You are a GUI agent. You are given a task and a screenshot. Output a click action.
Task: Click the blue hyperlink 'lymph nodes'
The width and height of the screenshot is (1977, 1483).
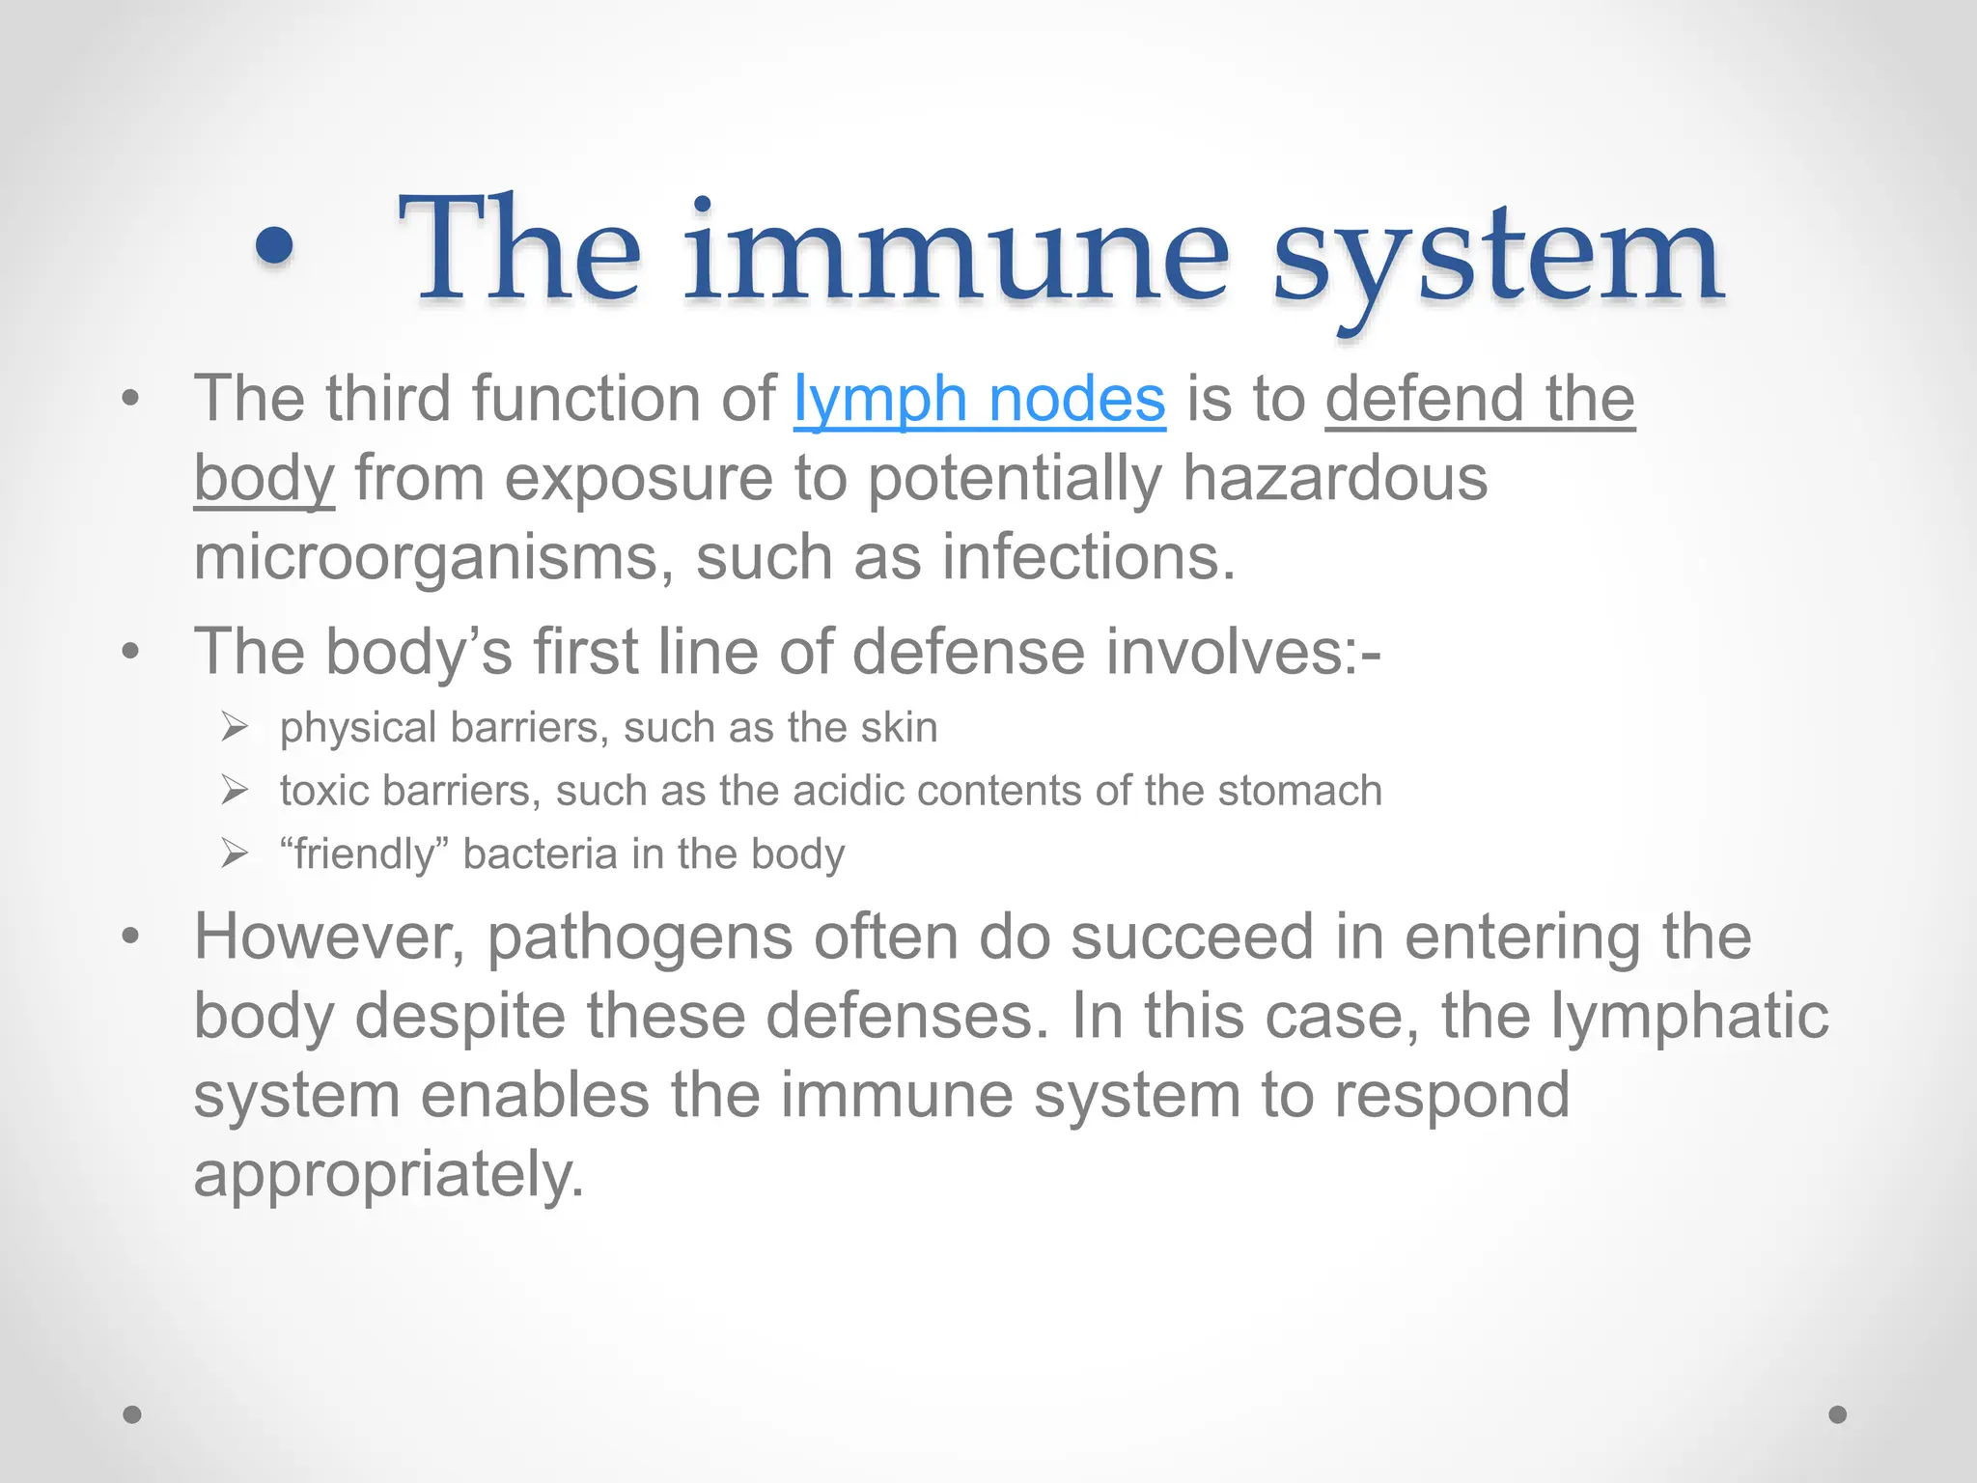pos(979,400)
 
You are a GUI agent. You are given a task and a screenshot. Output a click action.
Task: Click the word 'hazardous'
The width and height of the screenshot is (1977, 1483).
pos(1335,479)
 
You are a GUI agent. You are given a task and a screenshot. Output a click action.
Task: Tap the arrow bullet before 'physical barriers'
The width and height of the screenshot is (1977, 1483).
pos(235,726)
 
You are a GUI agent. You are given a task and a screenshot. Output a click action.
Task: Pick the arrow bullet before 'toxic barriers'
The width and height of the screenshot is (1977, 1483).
pos(235,790)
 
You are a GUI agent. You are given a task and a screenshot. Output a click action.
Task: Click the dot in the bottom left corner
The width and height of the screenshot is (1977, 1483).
pos(132,1414)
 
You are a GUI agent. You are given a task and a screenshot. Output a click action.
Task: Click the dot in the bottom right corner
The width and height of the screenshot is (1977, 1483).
pos(1838,1414)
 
